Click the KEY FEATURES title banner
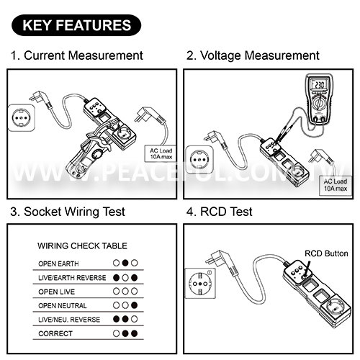[x=76, y=25]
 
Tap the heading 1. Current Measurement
[x=77, y=55]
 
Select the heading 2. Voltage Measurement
[x=253, y=55]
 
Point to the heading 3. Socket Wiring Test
[x=68, y=212]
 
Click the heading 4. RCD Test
[x=219, y=212]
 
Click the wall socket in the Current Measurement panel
[x=21, y=118]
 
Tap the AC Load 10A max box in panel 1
[x=161, y=153]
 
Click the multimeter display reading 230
[x=319, y=84]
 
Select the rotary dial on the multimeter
[x=319, y=104]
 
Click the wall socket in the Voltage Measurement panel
[x=199, y=160]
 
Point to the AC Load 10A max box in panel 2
[x=336, y=185]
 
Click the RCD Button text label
[x=326, y=253]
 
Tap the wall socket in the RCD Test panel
[x=200, y=284]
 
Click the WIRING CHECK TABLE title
[x=82, y=246]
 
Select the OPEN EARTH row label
[x=58, y=264]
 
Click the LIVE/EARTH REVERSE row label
[x=72, y=278]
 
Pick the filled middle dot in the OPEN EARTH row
[x=125, y=263]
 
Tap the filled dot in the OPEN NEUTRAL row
[x=135, y=305]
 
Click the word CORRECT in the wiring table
[x=55, y=333]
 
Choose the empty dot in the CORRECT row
[x=116, y=333]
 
